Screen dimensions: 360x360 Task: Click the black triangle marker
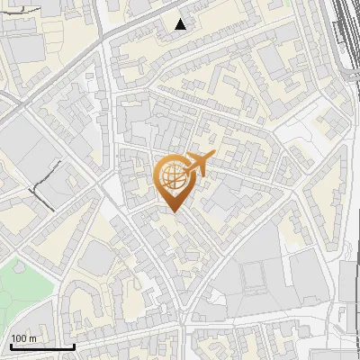coord(182,24)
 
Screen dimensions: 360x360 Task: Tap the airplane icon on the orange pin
coord(193,165)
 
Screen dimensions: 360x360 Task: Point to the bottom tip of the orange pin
coord(172,212)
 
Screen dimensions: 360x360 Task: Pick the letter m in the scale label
coord(33,338)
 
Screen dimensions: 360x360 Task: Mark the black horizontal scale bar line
coord(41,346)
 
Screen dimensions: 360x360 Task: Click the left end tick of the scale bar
coord(10,346)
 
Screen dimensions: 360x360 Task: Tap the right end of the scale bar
coord(74,346)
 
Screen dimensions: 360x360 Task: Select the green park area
coord(22,288)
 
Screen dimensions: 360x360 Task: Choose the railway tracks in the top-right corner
coord(346,36)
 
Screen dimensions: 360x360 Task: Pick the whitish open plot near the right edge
coord(297,135)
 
